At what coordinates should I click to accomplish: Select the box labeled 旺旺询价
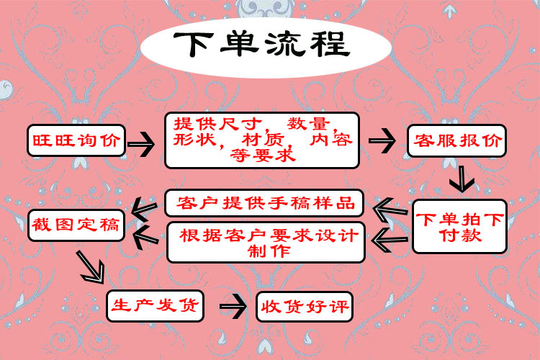click(x=76, y=139)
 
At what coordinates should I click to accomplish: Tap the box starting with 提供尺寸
click(x=262, y=139)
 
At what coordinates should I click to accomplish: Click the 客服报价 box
click(x=456, y=140)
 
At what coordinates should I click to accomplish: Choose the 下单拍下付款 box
click(x=460, y=226)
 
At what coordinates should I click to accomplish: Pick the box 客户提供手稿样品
click(x=265, y=203)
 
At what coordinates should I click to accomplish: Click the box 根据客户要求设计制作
click(x=267, y=243)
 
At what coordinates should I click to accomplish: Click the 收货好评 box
click(x=304, y=307)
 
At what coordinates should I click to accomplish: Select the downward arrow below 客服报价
click(x=459, y=177)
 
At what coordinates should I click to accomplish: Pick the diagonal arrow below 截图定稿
click(x=91, y=268)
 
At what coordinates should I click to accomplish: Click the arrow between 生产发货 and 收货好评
click(x=232, y=307)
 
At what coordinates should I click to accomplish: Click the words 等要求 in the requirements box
click(x=261, y=155)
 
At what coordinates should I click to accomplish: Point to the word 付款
click(x=460, y=235)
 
